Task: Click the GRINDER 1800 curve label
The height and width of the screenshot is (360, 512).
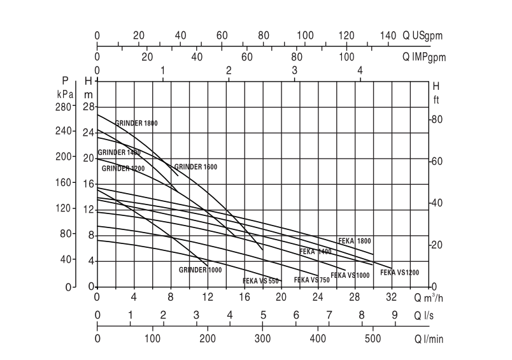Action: pyautogui.click(x=136, y=123)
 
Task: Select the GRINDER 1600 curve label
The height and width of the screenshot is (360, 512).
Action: pyautogui.click(x=196, y=167)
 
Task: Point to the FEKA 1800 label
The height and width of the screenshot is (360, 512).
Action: pyautogui.click(x=354, y=241)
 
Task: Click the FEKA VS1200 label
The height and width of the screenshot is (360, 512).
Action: pyautogui.click(x=399, y=273)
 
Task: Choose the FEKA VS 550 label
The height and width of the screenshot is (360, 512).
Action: pyautogui.click(x=260, y=281)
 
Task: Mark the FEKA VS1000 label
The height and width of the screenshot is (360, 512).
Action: pyautogui.click(x=350, y=275)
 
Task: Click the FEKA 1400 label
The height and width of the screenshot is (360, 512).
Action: pyautogui.click(x=315, y=252)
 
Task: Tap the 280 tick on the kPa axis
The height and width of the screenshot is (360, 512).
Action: pyautogui.click(x=65, y=107)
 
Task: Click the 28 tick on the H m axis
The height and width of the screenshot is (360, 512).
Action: pyautogui.click(x=89, y=107)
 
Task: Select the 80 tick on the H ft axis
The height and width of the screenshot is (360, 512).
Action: pyautogui.click(x=437, y=120)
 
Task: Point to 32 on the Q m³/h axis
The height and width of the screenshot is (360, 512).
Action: pyautogui.click(x=392, y=298)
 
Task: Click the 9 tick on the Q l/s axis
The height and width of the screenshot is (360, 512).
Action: pyautogui.click(x=394, y=315)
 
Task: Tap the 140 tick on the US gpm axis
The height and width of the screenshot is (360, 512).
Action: pyautogui.click(x=388, y=36)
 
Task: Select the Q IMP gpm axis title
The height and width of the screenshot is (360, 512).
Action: pyautogui.click(x=423, y=57)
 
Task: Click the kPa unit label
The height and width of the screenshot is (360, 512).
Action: pyautogui.click(x=65, y=94)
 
